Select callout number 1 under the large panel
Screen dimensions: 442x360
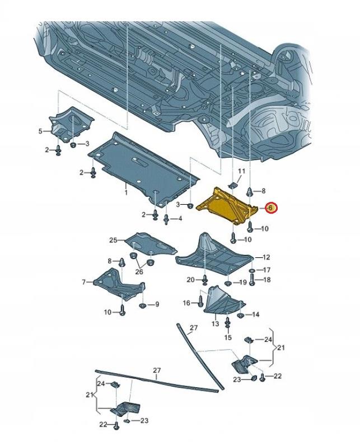126,193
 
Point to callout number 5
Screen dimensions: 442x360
40,131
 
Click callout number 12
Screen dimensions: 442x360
266,257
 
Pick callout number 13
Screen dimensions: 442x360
215,324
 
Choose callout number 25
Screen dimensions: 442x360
113,240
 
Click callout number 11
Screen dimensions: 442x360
242,171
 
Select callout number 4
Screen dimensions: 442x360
180,218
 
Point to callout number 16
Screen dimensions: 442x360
187,303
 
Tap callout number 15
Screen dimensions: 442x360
228,338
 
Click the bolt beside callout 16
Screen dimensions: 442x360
199,302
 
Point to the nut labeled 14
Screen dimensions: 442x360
241,314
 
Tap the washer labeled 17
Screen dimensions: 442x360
253,270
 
